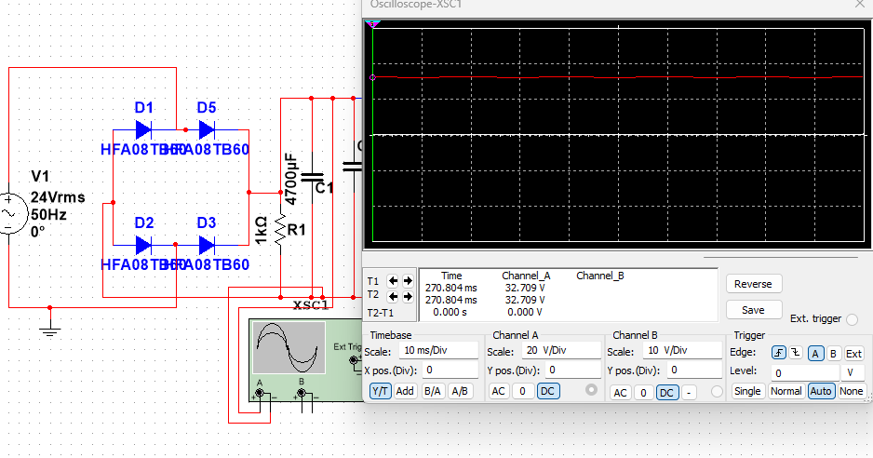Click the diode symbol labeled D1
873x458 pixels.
[x=143, y=129]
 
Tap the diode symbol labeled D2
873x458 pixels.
[x=143, y=245]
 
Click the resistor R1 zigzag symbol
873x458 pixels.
[x=280, y=230]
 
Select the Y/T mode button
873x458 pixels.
[x=380, y=391]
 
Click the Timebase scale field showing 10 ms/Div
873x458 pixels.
[x=437, y=352]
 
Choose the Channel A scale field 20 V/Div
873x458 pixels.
[x=556, y=352]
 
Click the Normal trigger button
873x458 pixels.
[x=786, y=391]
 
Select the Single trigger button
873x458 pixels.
[x=747, y=391]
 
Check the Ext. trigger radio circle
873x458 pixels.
[x=852, y=319]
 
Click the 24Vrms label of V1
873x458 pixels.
[x=58, y=197]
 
